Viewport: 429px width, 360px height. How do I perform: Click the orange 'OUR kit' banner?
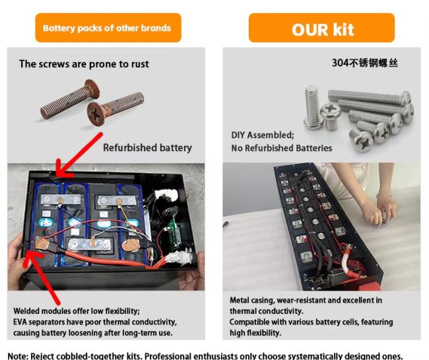321,28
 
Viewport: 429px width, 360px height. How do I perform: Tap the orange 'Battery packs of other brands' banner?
108,28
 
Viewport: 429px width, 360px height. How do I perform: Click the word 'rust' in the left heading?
140,64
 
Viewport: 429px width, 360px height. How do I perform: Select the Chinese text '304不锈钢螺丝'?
365,63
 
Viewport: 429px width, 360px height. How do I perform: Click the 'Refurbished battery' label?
147,148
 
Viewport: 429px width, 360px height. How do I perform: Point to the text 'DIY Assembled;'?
263,135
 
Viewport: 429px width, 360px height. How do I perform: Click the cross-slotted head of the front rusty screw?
96,114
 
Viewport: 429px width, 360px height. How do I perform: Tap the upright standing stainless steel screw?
313,107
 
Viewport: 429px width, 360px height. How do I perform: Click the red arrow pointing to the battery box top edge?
79,155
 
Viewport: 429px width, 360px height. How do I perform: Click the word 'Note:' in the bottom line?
18,356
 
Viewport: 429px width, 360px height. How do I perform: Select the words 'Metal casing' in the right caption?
252,301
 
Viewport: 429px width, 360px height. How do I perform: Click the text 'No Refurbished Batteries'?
282,148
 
